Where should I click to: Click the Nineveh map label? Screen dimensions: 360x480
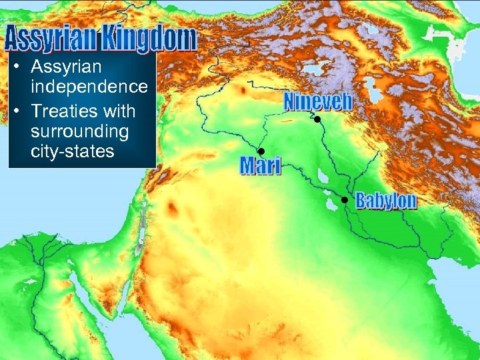coord(317,101)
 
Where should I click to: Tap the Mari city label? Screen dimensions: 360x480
coord(261,165)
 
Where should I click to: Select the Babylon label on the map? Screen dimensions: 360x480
coord(386,200)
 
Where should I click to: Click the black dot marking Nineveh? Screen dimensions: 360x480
coord(318,119)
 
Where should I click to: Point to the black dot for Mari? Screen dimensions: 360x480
coord(261,151)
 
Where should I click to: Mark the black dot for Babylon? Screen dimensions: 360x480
coord(345,200)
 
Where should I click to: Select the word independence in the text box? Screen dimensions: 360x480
coord(89,87)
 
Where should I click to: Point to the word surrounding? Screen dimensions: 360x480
coord(79,131)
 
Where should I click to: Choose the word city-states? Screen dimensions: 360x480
coord(72,151)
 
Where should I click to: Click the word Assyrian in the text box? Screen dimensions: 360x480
coord(66,67)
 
